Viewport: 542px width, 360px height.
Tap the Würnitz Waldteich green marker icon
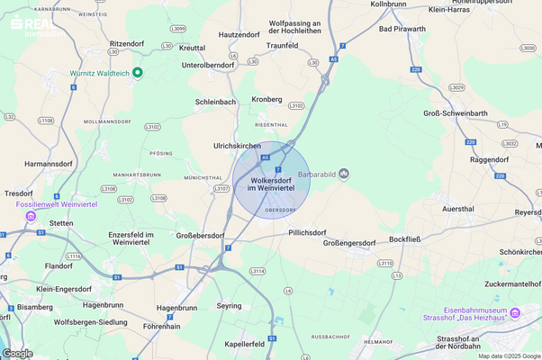pyautogui.click(x=138, y=73)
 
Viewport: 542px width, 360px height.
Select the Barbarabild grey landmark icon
pyautogui.click(x=343, y=174)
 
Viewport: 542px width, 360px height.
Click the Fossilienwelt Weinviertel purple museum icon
pyautogui.click(x=32, y=216)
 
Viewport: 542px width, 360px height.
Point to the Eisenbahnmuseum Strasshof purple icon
pyautogui.click(x=515, y=312)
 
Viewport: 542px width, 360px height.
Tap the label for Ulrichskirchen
pyautogui.click(x=237, y=146)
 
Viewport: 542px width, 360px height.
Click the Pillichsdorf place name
pyautogui.click(x=308, y=232)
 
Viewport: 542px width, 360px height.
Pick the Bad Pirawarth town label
pyautogui.click(x=403, y=29)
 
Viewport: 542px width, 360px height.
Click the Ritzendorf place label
pyautogui.click(x=128, y=43)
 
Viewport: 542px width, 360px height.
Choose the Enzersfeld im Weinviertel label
pyautogui.click(x=129, y=238)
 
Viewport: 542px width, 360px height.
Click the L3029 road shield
pyautogui.click(x=457, y=87)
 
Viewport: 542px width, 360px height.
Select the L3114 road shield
pyautogui.click(x=257, y=271)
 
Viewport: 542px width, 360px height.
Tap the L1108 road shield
pyautogui.click(x=47, y=120)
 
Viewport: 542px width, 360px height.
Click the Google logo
pyautogui.click(x=17, y=353)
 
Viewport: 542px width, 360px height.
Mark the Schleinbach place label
pyautogui.click(x=216, y=103)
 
